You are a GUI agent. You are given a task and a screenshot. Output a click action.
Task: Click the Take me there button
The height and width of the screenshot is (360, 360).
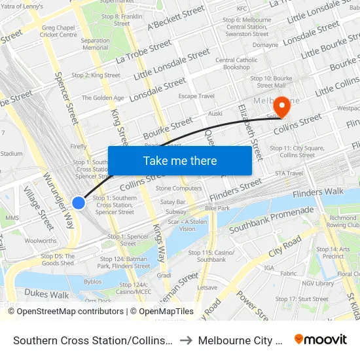point(179,161)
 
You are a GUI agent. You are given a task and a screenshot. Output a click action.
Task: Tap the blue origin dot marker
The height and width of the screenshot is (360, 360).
point(79,202)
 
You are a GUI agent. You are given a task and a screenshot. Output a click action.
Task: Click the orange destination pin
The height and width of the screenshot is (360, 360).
point(282,105)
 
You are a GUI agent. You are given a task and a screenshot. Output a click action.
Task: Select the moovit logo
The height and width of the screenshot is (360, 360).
point(321,340)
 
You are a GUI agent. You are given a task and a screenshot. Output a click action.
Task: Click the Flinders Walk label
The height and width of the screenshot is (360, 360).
point(317,192)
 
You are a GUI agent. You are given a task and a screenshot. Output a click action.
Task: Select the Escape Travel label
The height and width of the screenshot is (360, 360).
point(196,96)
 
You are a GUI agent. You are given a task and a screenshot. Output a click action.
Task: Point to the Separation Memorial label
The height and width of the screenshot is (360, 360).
point(95,44)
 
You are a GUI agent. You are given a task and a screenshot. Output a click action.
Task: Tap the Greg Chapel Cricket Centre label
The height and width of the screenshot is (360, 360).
point(58,31)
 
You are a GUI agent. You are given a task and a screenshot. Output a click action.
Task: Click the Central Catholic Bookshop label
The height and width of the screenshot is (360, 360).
point(236,63)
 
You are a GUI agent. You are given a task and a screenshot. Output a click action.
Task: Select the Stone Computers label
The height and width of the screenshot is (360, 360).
point(179,189)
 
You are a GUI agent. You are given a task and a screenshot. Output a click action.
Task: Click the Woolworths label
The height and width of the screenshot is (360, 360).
point(40,241)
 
